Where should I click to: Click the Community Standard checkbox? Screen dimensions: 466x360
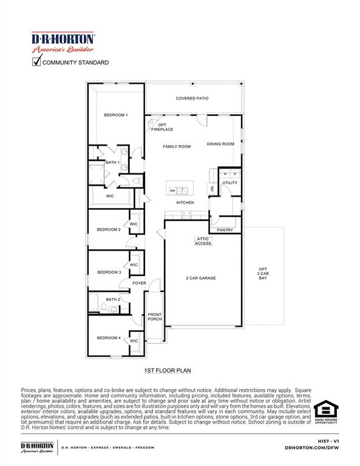pyautogui.click(x=36, y=61)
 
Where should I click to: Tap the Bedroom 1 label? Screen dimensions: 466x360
pyautogui.click(x=115, y=115)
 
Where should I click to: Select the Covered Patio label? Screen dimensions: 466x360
pyautogui.click(x=192, y=98)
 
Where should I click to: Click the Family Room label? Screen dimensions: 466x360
pyautogui.click(x=177, y=146)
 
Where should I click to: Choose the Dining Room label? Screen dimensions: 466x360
pyautogui.click(x=220, y=144)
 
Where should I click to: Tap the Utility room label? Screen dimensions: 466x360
pyautogui.click(x=229, y=183)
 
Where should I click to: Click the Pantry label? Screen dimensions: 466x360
pyautogui.click(x=225, y=230)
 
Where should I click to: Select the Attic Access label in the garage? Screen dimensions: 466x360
pyautogui.click(x=203, y=241)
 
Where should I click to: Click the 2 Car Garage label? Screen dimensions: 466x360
pyautogui.click(x=201, y=278)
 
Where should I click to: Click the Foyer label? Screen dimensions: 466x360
pyautogui.click(x=140, y=283)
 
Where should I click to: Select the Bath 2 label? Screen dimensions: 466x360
pyautogui.click(x=113, y=299)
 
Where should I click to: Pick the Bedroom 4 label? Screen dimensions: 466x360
pyautogui.click(x=109, y=337)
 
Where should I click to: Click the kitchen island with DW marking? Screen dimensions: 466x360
pyautogui.click(x=180, y=190)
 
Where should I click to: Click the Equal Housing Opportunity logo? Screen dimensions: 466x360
pyautogui.click(x=325, y=413)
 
